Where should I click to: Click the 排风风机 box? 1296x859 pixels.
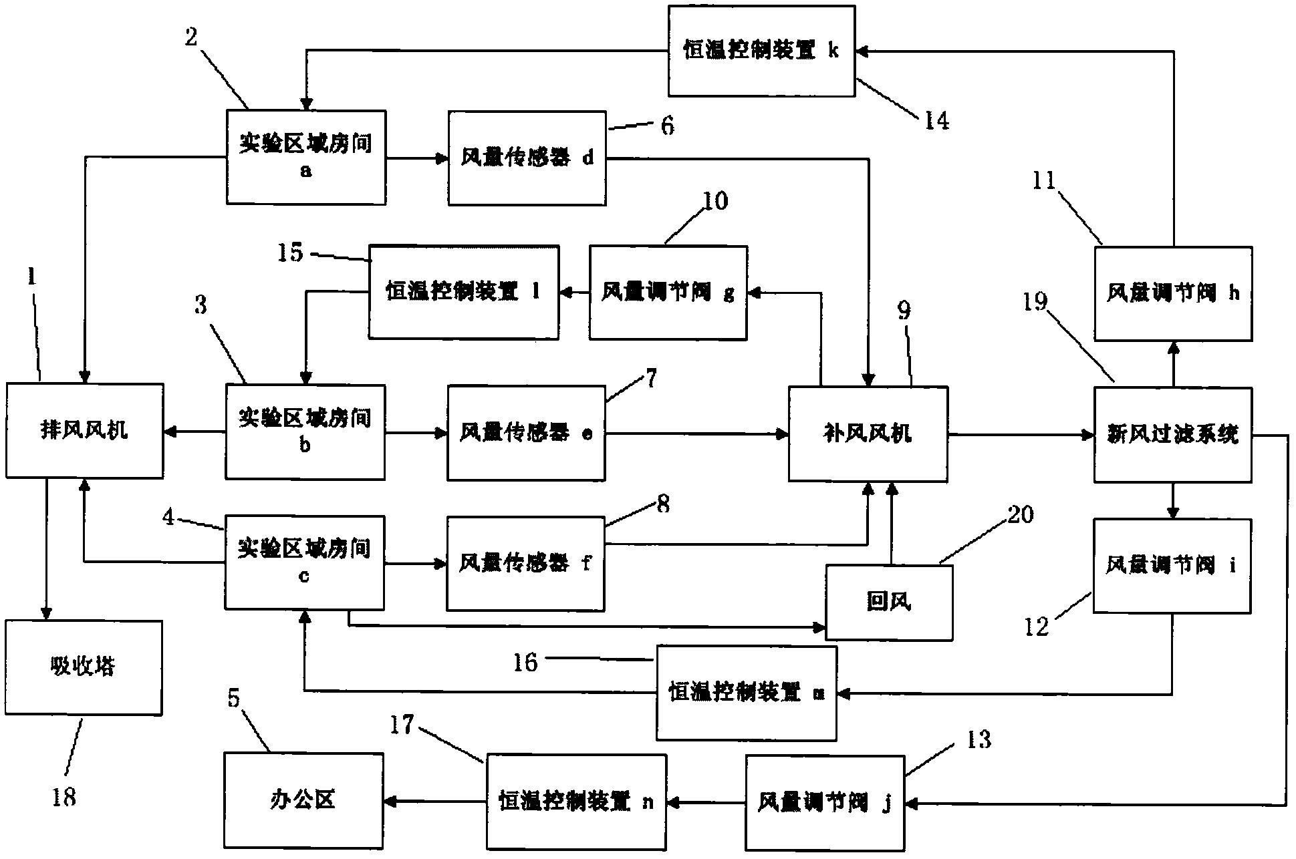(x=84, y=431)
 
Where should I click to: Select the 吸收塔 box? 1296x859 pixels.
(x=84, y=667)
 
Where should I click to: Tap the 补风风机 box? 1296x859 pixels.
(x=868, y=434)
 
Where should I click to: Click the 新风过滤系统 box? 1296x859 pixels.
(x=1172, y=435)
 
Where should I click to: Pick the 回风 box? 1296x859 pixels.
(x=889, y=603)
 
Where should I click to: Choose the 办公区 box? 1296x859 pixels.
(x=303, y=800)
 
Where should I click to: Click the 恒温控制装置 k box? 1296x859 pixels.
(x=761, y=51)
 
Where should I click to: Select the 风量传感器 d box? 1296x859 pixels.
(x=527, y=158)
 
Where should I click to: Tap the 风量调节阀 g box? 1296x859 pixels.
(x=668, y=293)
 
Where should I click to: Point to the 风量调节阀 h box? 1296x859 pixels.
(x=1172, y=294)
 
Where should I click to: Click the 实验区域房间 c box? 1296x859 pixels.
(x=304, y=562)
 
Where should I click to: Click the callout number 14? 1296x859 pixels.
(x=936, y=121)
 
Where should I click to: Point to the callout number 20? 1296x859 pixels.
(x=1019, y=514)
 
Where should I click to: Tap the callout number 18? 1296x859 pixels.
(x=64, y=797)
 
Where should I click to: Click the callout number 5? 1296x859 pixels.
(x=233, y=698)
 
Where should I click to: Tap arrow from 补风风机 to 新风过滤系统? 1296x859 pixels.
(x=1020, y=435)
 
